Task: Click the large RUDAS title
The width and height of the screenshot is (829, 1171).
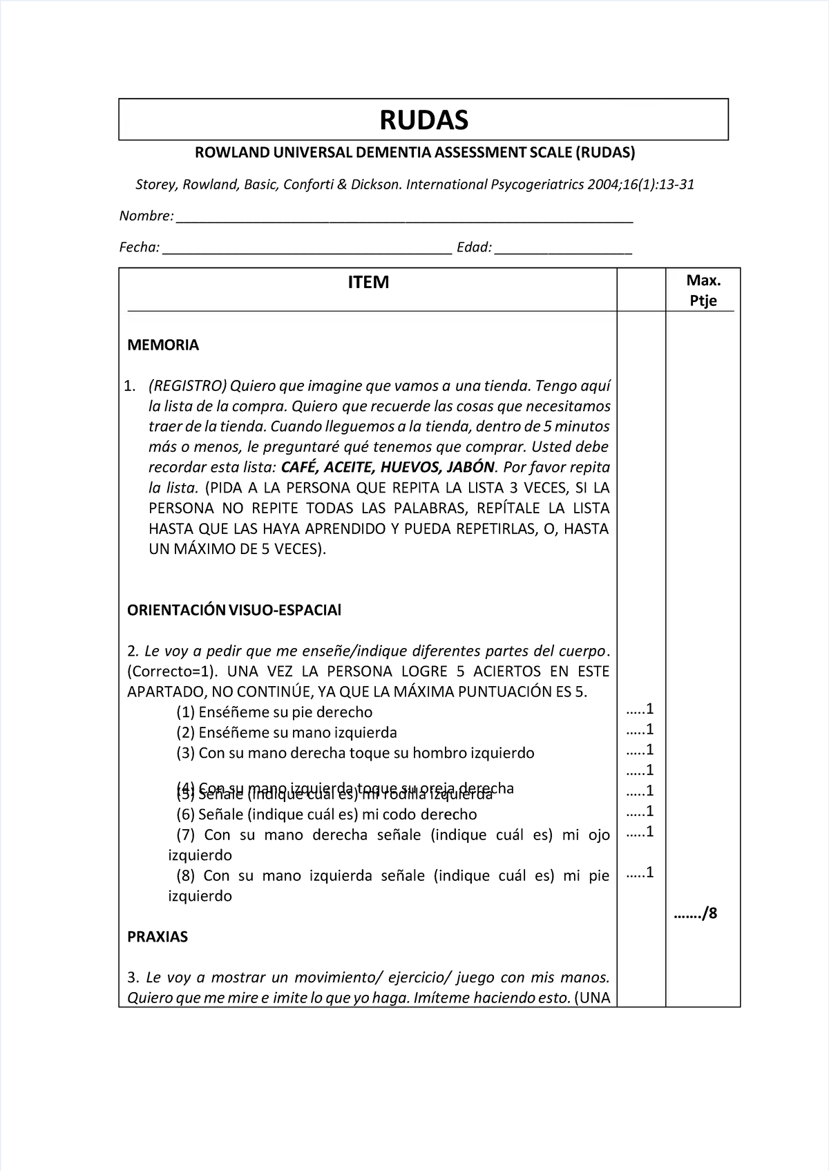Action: [423, 120]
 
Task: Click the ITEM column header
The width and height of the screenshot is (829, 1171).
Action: [368, 283]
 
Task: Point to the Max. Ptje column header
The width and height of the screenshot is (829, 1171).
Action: [703, 290]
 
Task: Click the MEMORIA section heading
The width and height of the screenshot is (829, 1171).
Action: [163, 345]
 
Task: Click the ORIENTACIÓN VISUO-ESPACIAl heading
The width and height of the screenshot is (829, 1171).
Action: [234, 611]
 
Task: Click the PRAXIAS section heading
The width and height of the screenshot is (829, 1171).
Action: [158, 937]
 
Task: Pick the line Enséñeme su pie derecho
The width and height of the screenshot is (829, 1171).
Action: [274, 712]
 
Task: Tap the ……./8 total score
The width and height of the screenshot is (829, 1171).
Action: [696, 914]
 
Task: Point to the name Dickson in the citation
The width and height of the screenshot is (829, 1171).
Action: [377, 185]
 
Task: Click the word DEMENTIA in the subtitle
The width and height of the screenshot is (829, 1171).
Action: [394, 153]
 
